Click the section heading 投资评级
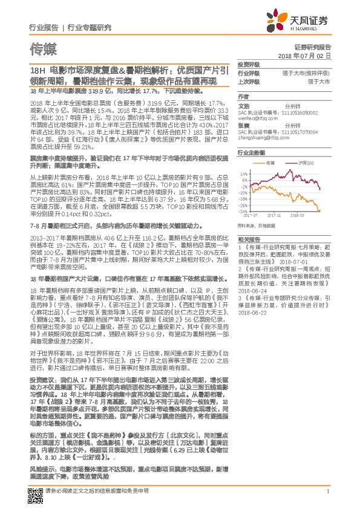tap(249, 64)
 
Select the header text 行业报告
tap(44, 27)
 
